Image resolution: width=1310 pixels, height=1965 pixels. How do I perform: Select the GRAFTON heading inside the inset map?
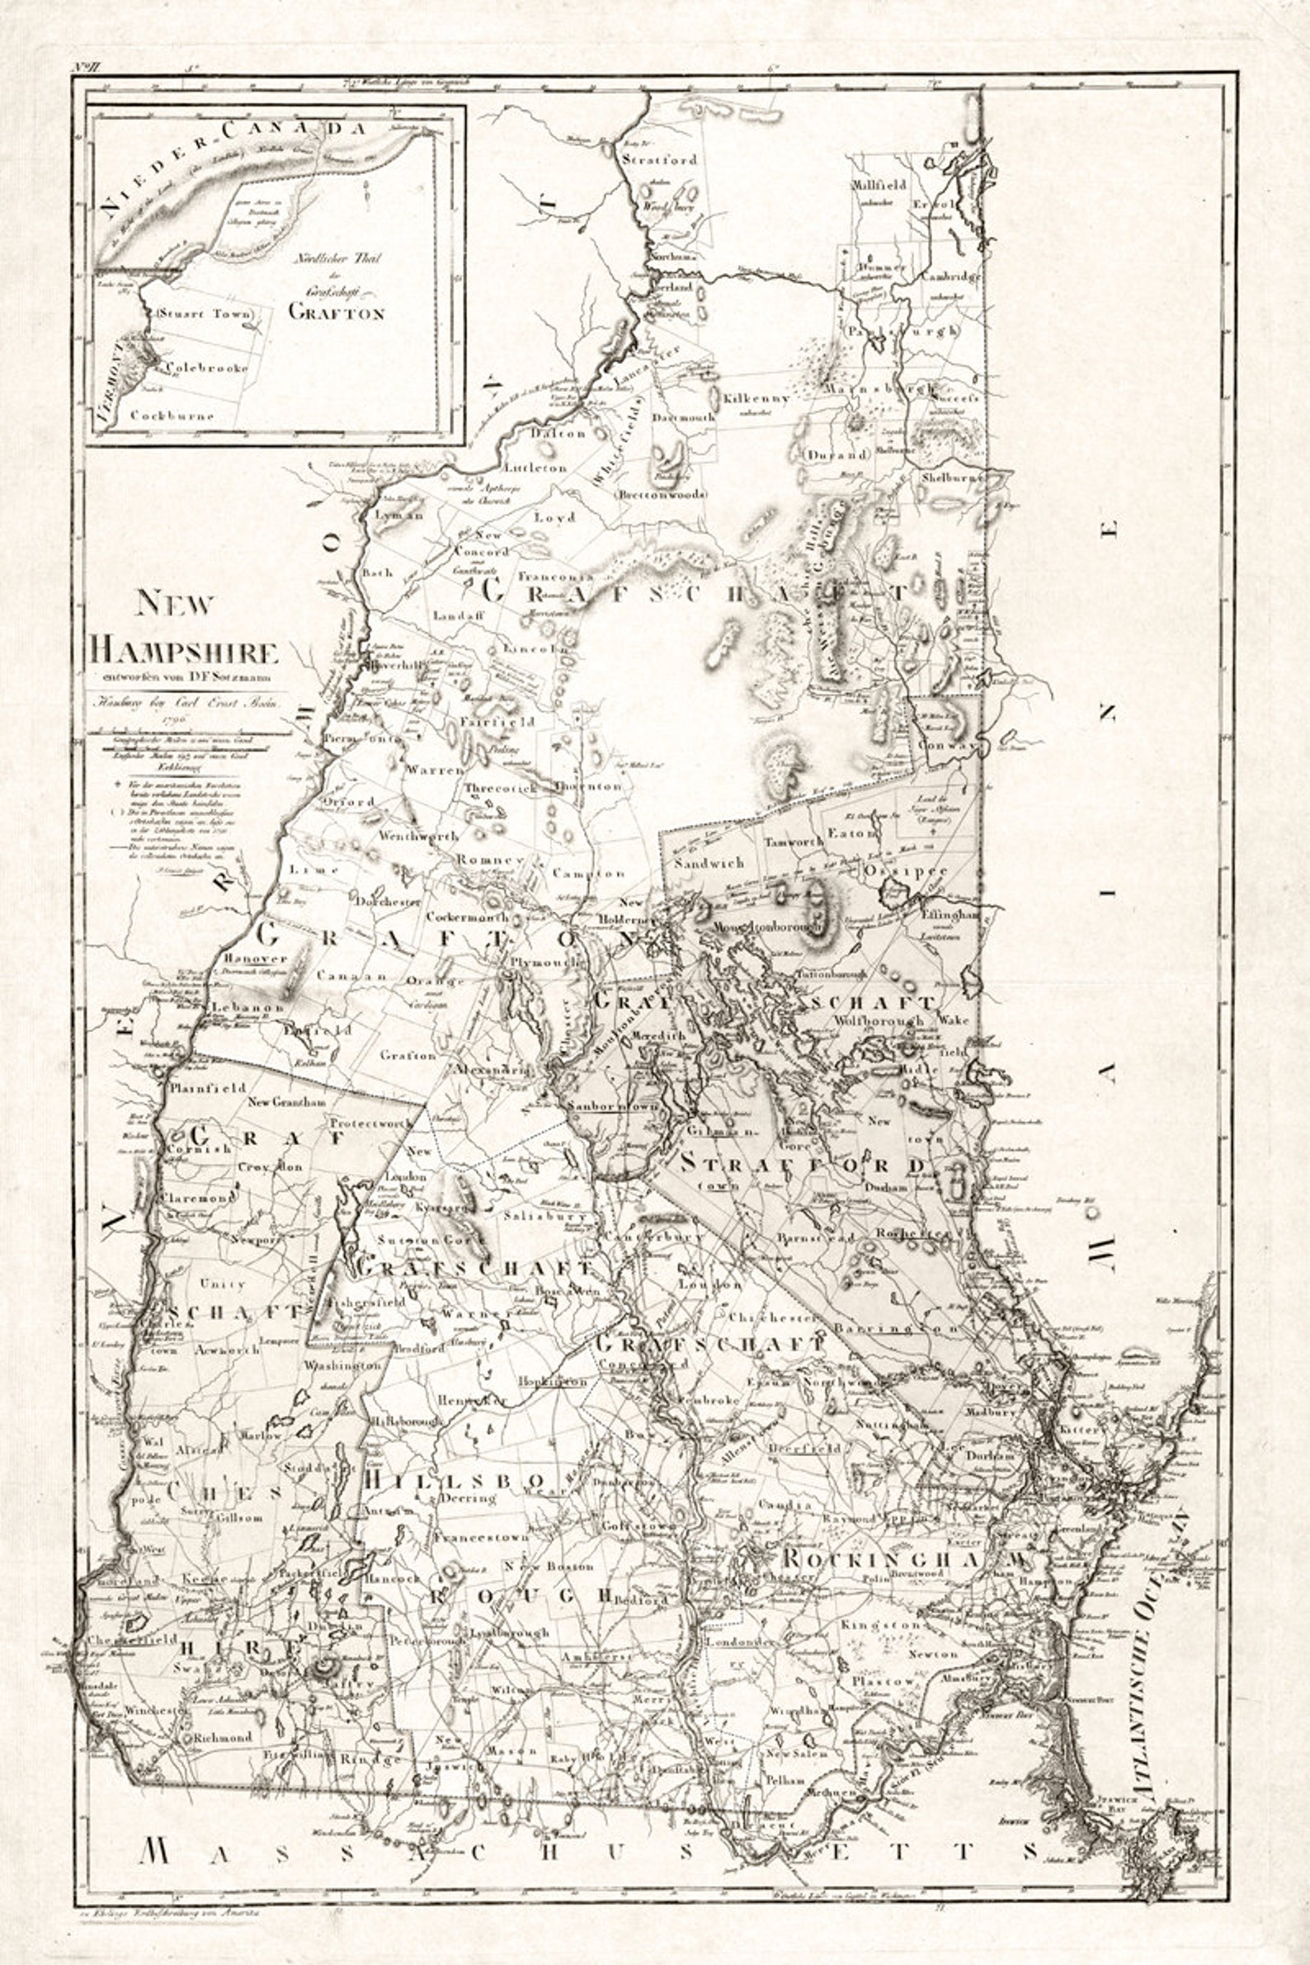[x=336, y=313]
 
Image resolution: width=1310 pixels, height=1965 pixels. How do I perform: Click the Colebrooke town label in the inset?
[x=206, y=368]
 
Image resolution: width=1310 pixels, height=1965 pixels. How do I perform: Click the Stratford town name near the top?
[x=659, y=158]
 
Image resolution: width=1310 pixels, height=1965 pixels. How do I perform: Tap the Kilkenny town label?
[x=756, y=398]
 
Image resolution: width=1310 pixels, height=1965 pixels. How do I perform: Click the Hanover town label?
[x=244, y=959]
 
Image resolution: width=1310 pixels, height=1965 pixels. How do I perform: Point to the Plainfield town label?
[x=206, y=1089]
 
